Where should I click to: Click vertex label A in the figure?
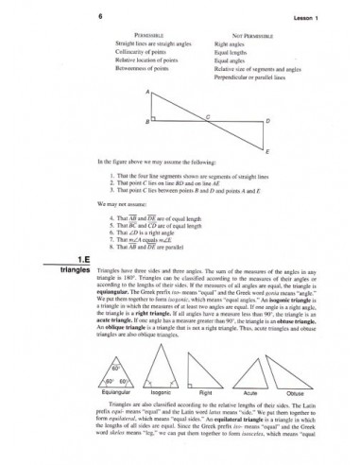pos(146,92)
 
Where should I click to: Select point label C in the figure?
pos(208,115)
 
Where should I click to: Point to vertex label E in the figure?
pos(267,150)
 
